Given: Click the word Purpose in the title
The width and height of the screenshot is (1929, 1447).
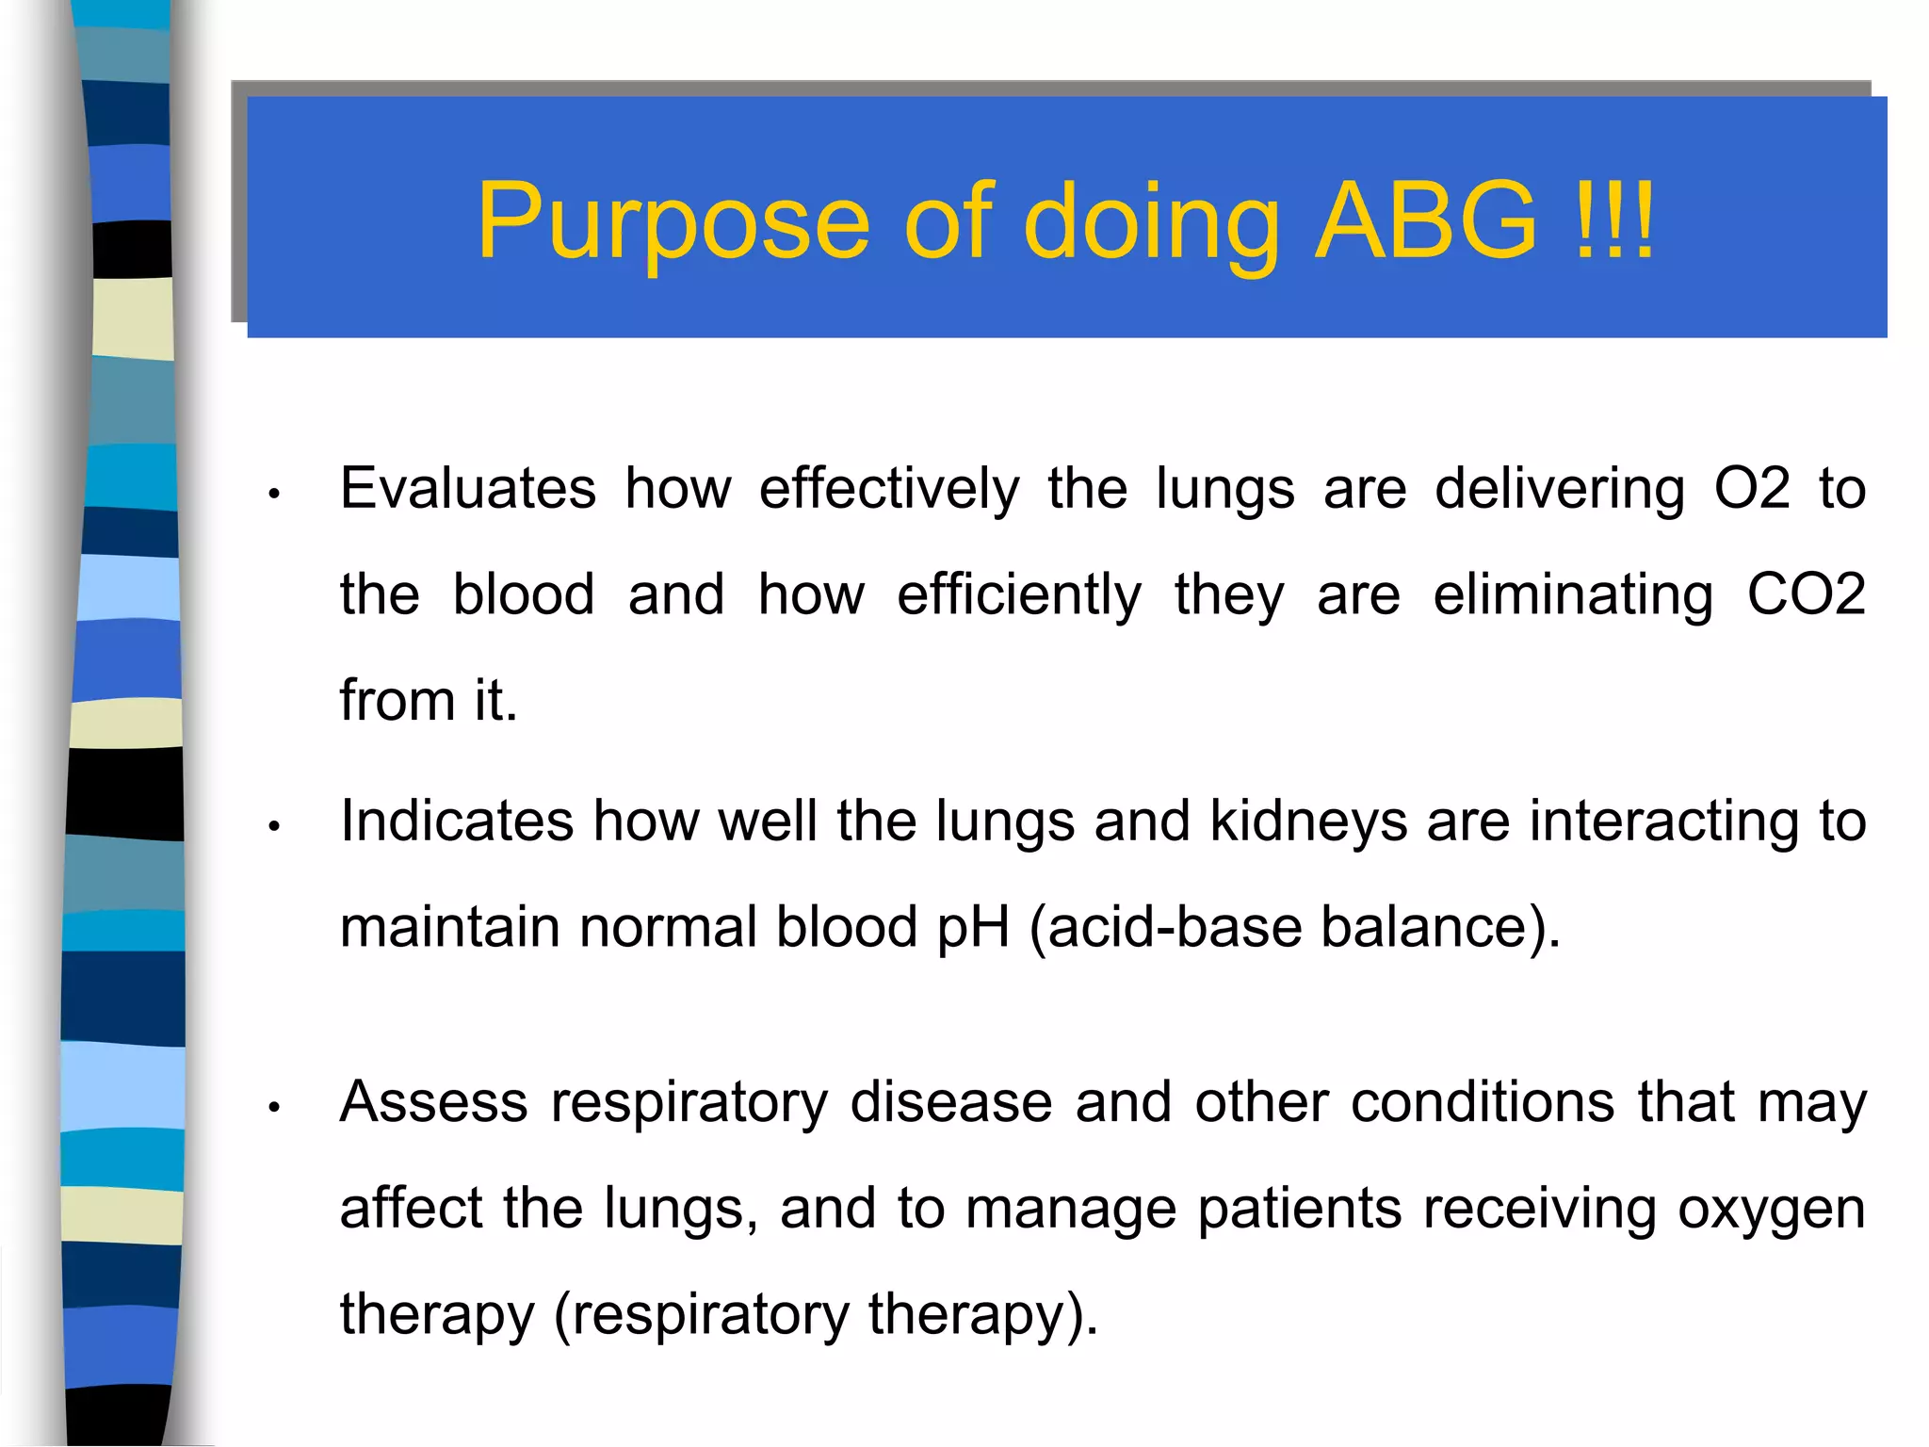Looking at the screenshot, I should [673, 222].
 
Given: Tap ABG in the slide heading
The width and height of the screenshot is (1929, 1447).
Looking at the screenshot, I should [1425, 220].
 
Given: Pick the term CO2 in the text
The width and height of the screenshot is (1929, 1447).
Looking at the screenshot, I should [1806, 594].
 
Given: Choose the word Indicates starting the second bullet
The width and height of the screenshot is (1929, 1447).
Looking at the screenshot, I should [457, 821].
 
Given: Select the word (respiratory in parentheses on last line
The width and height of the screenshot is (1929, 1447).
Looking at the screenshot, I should [701, 1315].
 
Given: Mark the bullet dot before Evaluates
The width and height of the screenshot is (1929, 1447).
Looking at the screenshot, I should [274, 494].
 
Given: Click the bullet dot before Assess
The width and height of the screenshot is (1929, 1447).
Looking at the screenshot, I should [274, 1107].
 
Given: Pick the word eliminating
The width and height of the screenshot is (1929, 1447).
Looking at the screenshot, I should [1572, 594].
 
